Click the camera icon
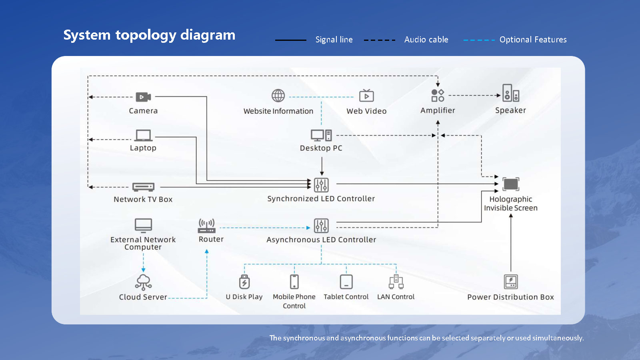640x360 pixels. [143, 97]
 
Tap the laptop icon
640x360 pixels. [143, 135]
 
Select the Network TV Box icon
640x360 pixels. [143, 187]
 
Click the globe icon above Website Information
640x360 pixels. [278, 96]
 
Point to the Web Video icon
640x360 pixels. [366, 96]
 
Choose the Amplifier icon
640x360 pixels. [438, 95]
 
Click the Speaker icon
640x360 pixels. [510, 93]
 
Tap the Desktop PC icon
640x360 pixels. [321, 135]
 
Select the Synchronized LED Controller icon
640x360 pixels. [321, 185]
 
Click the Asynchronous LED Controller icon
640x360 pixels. [321, 226]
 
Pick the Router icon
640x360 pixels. [207, 226]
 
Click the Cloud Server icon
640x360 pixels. [143, 282]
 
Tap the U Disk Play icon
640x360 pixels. [244, 282]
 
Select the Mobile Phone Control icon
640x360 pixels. [294, 282]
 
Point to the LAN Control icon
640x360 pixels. [396, 282]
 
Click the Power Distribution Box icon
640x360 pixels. [511, 282]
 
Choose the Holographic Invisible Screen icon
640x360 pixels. [511, 184]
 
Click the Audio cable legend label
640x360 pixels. [426, 40]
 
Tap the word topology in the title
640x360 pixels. [146, 35]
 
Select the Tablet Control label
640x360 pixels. [346, 297]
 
